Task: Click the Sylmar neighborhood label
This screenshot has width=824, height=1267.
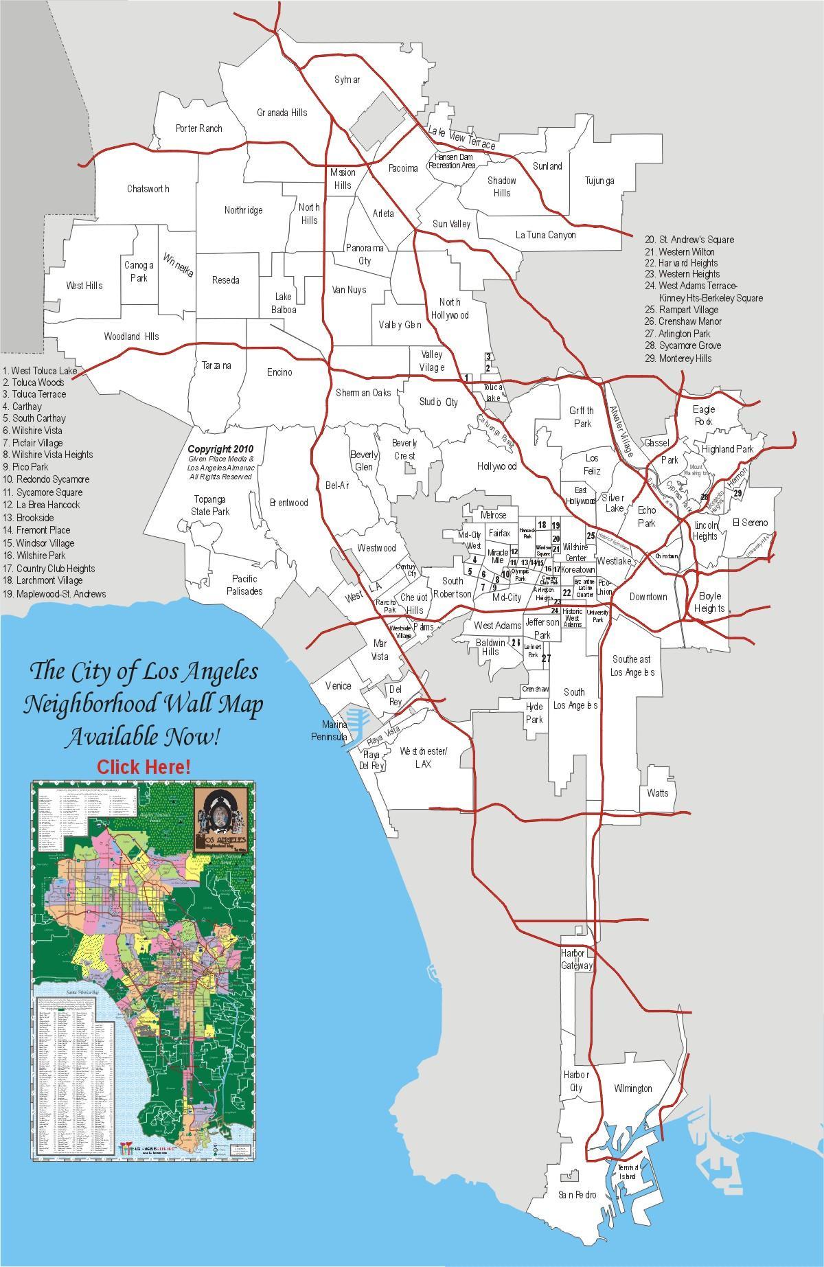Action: coord(347,80)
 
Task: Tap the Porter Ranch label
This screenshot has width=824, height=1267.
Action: coord(199,128)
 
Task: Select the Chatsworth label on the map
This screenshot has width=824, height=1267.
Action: coord(148,189)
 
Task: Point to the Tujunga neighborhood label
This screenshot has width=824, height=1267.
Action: coord(599,181)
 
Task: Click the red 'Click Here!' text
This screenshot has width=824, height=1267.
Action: coord(144,766)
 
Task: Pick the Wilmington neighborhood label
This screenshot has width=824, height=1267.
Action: coord(632,1089)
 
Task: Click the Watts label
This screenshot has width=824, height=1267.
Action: coord(657,793)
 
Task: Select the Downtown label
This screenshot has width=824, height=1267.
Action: coord(648,597)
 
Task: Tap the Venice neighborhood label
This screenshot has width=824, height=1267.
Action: coord(338,685)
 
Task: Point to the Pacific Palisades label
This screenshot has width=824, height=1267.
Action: coord(245,585)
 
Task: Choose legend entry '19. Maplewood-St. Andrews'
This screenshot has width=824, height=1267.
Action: coord(55,594)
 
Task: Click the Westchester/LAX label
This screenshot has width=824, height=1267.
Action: coord(424,758)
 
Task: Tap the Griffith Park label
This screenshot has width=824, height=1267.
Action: coord(582,417)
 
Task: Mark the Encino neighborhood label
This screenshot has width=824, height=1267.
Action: coord(279,372)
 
